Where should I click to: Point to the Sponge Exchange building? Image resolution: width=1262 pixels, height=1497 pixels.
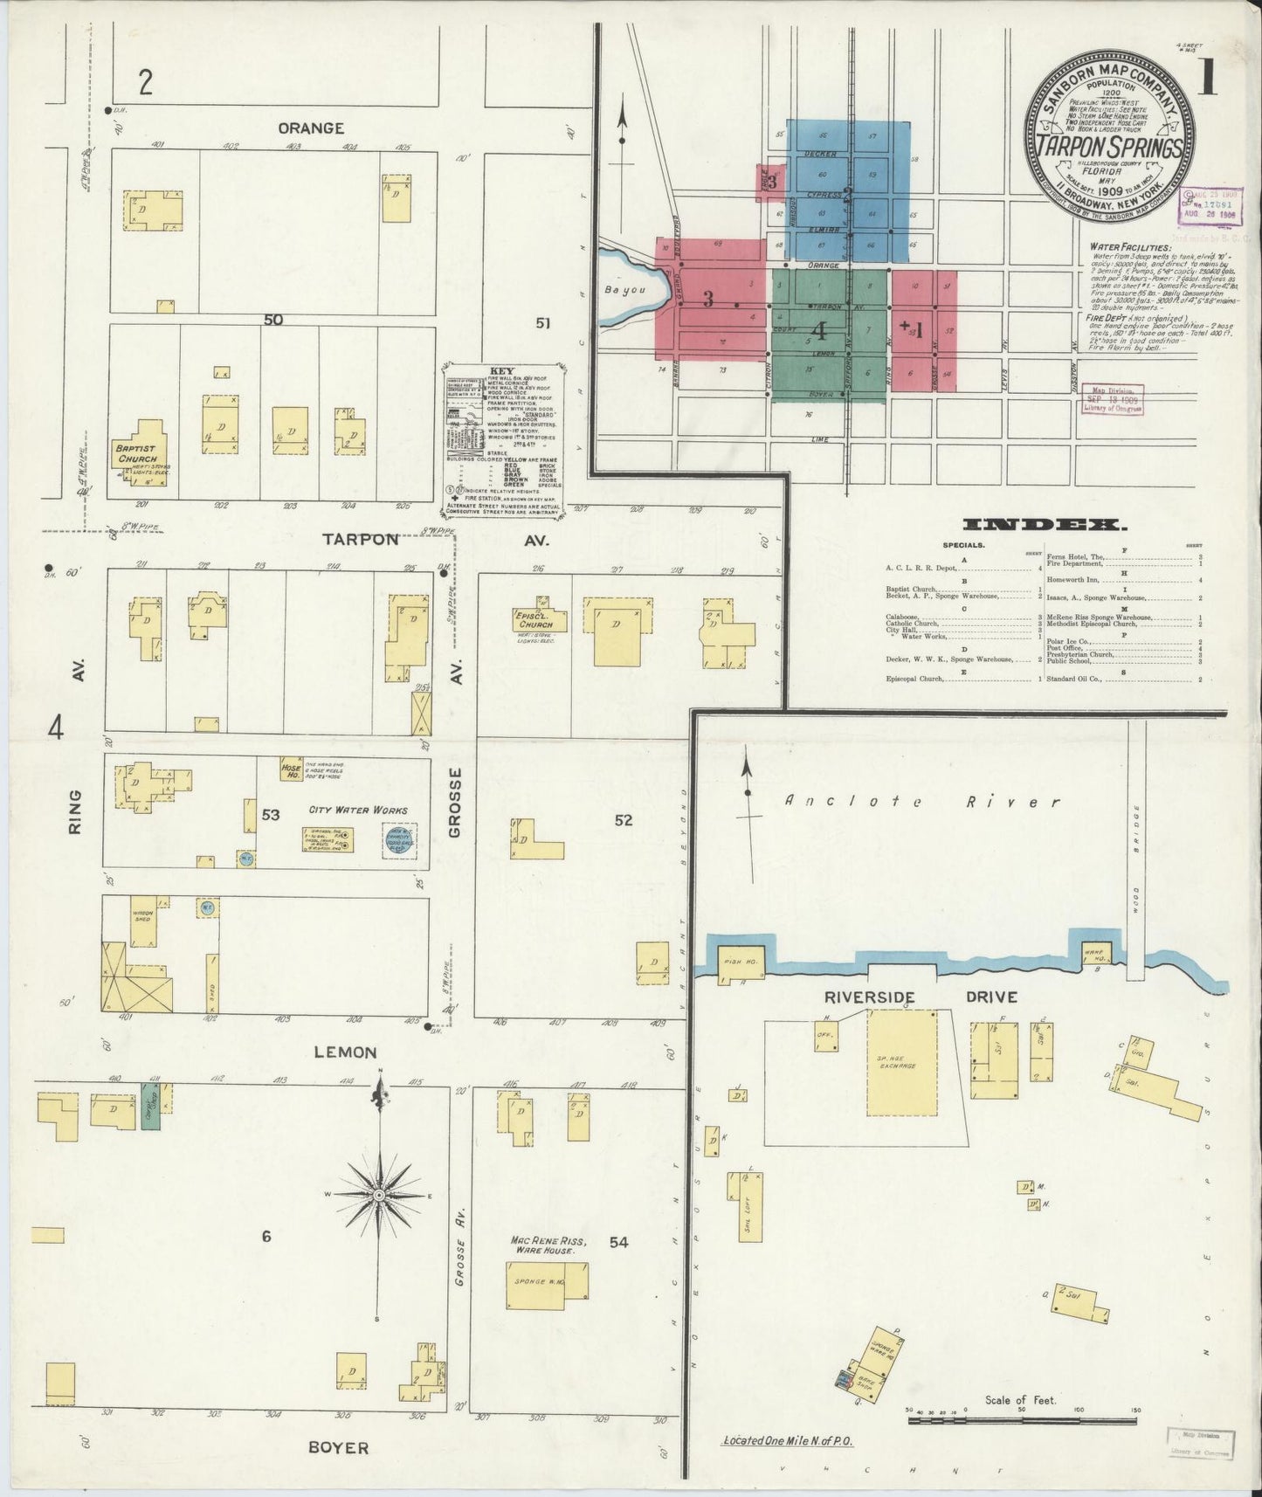point(900,1063)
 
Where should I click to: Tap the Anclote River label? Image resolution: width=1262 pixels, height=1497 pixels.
point(921,802)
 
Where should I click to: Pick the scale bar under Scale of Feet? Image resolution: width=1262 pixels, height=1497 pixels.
point(1022,1422)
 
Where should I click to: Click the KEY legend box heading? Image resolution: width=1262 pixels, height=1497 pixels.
point(502,370)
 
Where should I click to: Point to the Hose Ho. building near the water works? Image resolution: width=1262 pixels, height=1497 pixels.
point(291,769)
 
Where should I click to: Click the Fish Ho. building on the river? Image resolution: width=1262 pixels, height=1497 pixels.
point(741,962)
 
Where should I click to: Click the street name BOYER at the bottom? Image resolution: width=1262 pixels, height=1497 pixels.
point(338,1447)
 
